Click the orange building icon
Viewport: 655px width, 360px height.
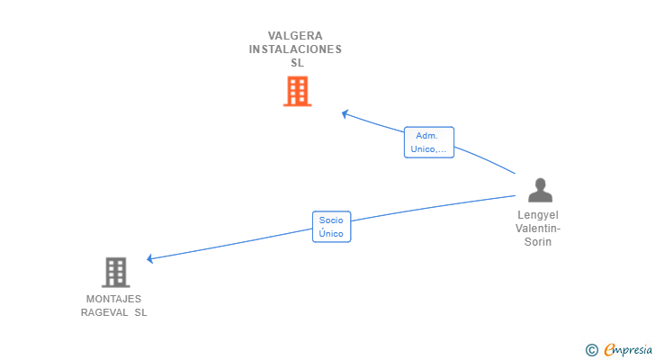coord(297,91)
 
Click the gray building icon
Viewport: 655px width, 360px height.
coord(115,272)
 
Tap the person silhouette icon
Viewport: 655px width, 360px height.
coord(540,190)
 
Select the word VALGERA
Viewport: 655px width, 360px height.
coord(295,36)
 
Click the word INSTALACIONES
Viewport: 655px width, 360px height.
coord(295,49)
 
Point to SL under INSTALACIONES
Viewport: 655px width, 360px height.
coord(297,63)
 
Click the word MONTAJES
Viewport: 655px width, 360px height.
coord(113,299)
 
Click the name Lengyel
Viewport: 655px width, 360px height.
coord(538,215)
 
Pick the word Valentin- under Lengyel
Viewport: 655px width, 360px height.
coord(538,229)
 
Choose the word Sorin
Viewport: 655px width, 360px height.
coord(538,242)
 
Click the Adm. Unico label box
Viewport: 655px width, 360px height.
coord(429,142)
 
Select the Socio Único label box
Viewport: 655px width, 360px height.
coord(331,226)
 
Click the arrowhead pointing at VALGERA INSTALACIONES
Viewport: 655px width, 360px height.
coord(345,113)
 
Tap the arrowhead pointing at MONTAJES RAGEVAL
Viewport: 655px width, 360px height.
coord(150,259)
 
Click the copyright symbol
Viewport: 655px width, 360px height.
coord(591,350)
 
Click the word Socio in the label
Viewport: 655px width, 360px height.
coord(331,220)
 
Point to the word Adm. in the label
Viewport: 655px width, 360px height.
coord(426,135)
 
